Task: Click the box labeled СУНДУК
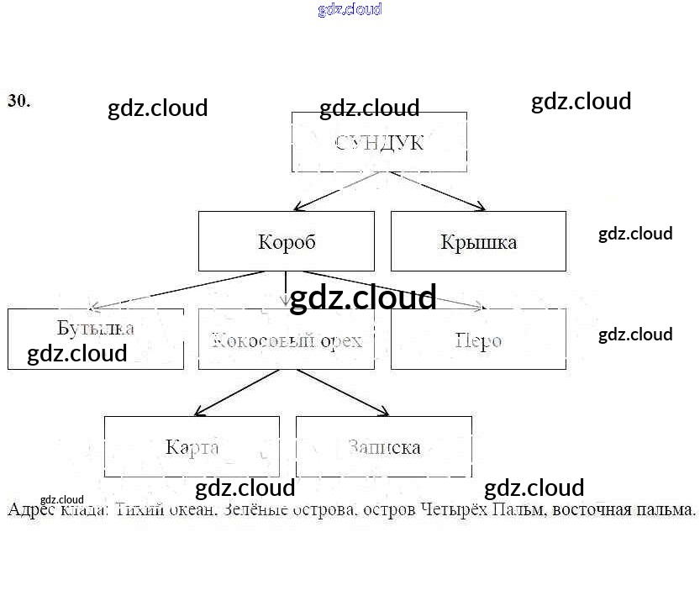(x=379, y=142)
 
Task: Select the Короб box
(x=287, y=241)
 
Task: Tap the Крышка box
(x=478, y=241)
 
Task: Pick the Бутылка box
(x=95, y=339)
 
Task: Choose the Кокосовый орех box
(x=287, y=339)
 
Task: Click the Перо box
(x=478, y=339)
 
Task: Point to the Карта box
(x=192, y=446)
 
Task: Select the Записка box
(x=383, y=446)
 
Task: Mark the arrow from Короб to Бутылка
(x=176, y=290)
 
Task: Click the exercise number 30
(x=18, y=101)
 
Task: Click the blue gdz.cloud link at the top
(x=350, y=9)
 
